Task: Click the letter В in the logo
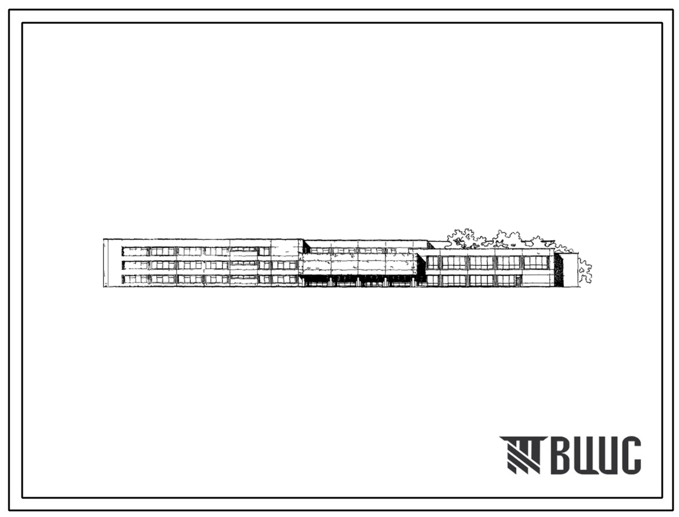[x=562, y=455]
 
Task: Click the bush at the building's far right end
[x=584, y=271]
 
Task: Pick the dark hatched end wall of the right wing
[x=559, y=270]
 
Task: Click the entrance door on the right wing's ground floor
[x=518, y=280]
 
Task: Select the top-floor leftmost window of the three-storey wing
[x=135, y=251]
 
